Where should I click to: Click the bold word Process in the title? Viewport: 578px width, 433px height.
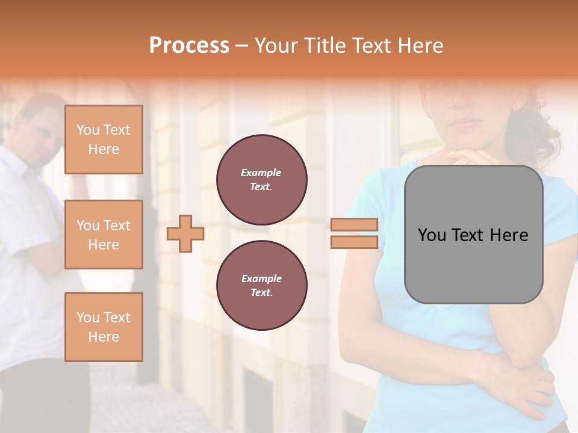coord(189,46)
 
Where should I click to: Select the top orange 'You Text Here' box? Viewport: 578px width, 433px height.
coord(104,140)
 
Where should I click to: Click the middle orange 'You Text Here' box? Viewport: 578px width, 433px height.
coord(104,235)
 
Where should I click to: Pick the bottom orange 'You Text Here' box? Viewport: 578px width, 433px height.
coord(104,327)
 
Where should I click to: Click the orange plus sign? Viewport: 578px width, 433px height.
coord(185,233)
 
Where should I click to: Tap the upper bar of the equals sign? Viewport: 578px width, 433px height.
coord(354,225)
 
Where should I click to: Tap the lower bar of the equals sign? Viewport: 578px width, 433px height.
coord(354,242)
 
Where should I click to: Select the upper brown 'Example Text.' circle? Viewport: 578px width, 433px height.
coord(262,179)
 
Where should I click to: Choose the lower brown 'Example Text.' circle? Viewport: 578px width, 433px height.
coord(262,285)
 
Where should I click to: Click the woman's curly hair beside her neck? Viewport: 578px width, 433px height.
coord(533,132)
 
